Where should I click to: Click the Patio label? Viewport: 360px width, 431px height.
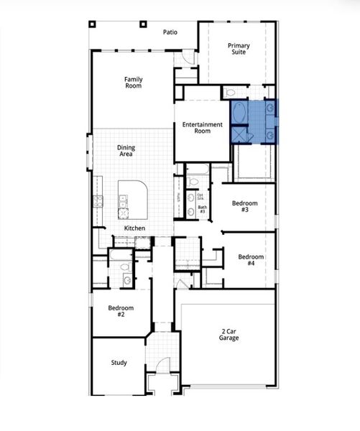[170, 32]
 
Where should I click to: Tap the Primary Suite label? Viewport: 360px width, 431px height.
[239, 50]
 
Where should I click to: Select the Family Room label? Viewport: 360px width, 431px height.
[133, 82]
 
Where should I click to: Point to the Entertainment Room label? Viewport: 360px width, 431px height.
[202, 128]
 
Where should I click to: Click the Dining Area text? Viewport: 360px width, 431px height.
[126, 151]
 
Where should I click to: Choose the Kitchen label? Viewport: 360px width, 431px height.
[134, 228]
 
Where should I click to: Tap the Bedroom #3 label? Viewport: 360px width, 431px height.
[244, 206]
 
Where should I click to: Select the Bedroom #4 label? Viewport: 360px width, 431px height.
[251, 260]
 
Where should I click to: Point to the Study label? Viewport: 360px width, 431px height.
[119, 363]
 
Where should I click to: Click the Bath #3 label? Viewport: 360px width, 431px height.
[202, 210]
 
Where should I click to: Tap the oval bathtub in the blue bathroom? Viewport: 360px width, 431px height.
[240, 113]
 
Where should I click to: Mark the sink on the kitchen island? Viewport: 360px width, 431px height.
[123, 202]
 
